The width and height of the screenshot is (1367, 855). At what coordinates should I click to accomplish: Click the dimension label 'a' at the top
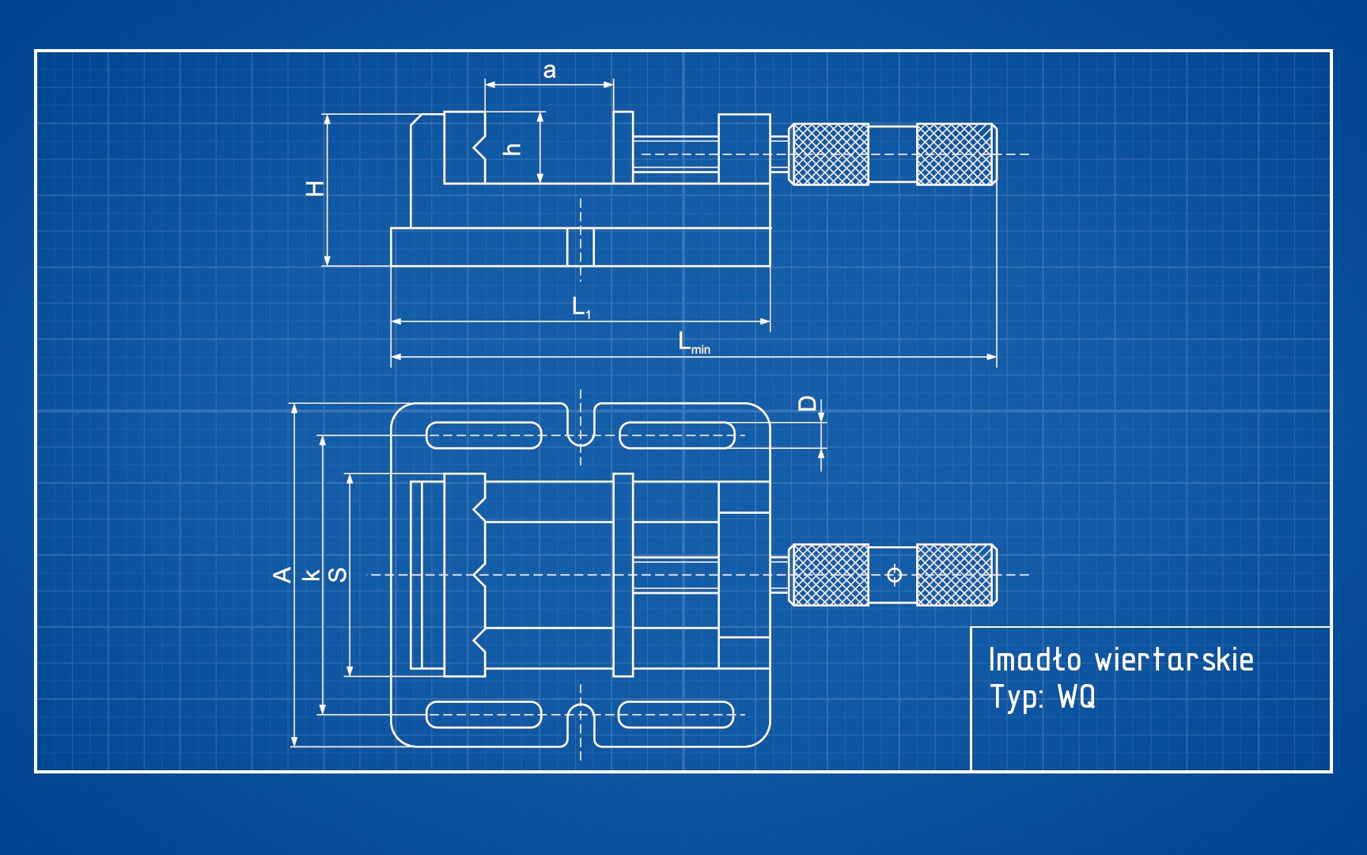549,71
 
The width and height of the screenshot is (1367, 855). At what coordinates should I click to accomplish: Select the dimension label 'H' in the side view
316,188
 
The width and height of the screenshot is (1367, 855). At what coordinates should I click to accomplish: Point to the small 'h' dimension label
513,149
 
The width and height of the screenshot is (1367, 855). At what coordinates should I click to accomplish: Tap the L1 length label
581,307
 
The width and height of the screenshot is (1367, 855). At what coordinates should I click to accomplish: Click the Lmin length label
693,343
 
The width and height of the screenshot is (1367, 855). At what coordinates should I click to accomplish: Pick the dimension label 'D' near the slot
806,404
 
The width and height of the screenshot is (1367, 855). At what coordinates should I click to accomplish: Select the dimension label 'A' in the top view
282,575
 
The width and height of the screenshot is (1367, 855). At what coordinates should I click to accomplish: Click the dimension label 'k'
312,575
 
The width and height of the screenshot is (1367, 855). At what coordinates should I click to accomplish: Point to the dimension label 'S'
338,575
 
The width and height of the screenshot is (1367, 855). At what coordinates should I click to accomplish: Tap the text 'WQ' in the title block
1077,697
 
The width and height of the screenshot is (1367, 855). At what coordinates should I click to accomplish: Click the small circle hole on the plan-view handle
895,575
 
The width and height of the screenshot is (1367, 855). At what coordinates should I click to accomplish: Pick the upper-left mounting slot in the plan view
484,435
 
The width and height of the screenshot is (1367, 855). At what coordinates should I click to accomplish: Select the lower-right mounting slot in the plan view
676,715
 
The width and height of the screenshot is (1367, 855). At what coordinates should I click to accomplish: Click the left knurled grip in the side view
829,154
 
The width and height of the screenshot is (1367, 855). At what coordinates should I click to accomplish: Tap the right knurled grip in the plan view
956,575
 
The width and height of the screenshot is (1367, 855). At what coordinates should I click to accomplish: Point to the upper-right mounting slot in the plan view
677,435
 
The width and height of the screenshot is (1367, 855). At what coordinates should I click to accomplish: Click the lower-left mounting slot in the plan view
484,715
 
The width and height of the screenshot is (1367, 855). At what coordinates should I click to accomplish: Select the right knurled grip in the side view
956,154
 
